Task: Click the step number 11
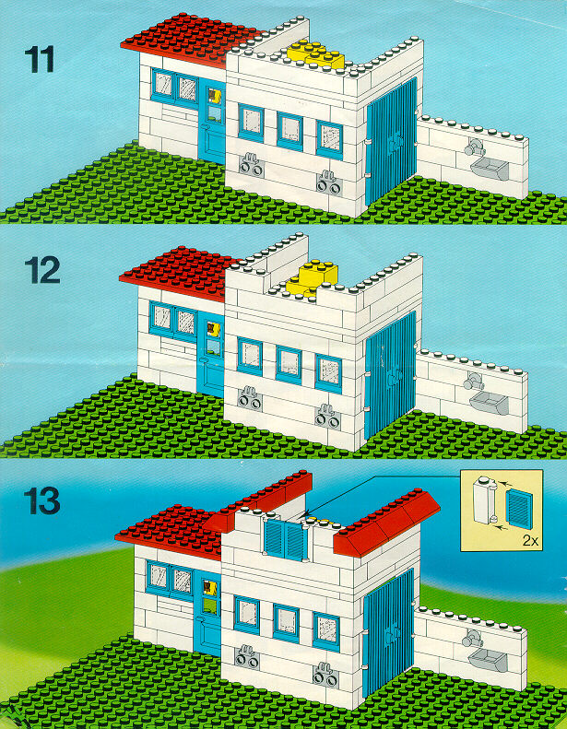(x=39, y=59)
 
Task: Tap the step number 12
(x=41, y=270)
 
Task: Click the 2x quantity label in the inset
(x=530, y=541)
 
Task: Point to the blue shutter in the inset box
(x=519, y=509)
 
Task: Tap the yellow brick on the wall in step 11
(x=316, y=54)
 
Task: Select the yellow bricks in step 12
(x=311, y=278)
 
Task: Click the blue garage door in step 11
(x=392, y=141)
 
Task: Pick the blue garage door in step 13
(x=388, y=632)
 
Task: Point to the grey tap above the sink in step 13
(x=472, y=639)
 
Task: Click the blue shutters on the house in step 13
(x=285, y=539)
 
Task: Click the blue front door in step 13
(x=207, y=613)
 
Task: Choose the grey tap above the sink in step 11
(x=474, y=147)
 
